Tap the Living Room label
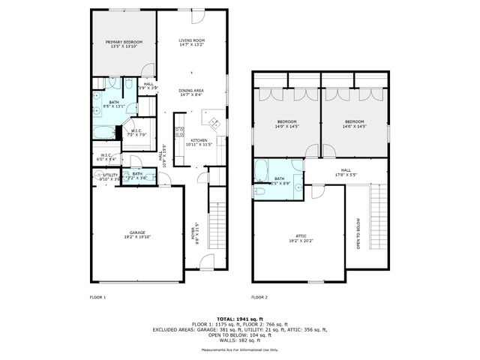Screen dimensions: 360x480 192,43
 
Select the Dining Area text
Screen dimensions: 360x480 192,92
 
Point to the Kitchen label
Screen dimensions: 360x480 199,142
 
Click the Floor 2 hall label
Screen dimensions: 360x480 346,172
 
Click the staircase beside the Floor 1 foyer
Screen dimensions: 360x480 217,217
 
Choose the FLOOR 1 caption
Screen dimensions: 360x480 97,298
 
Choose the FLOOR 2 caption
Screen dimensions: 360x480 259,298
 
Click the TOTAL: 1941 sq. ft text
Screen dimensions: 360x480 239,318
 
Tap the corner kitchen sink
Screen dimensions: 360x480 213,123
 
